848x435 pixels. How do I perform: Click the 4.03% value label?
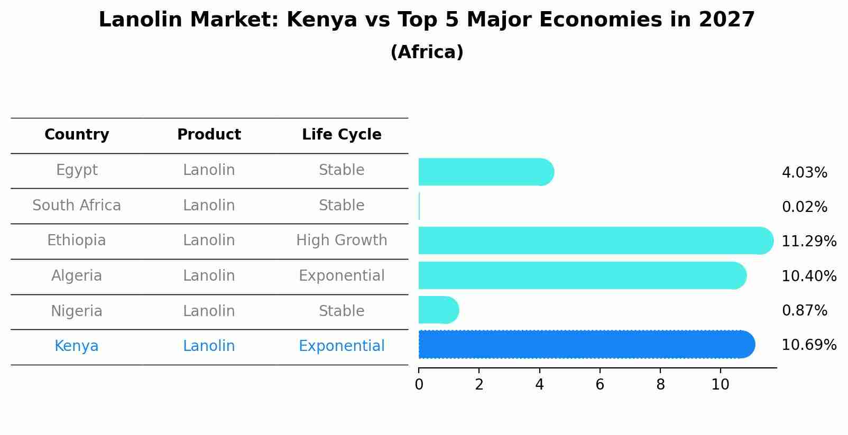click(804, 173)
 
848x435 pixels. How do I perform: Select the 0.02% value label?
click(804, 207)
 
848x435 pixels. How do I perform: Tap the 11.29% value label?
click(809, 242)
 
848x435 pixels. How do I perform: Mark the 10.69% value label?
click(809, 345)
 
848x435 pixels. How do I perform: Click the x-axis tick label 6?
click(600, 385)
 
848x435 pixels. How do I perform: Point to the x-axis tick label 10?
click(720, 385)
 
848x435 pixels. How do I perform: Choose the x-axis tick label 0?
click(419, 385)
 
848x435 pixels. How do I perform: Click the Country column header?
click(77, 135)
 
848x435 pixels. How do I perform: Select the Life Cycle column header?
click(342, 135)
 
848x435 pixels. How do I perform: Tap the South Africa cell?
click(77, 206)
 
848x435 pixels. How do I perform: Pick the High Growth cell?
click(342, 240)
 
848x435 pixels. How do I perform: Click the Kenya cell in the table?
click(77, 346)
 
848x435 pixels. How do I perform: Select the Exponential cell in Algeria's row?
click(342, 276)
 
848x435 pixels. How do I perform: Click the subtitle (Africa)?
click(427, 52)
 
